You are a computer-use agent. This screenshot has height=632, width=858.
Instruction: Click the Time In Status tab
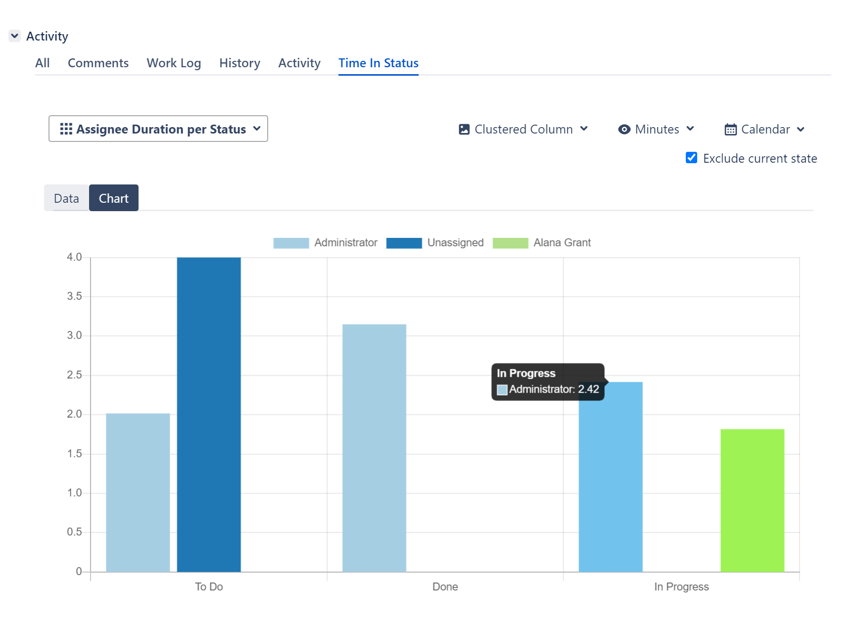click(x=378, y=63)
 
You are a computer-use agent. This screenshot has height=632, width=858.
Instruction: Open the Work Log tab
click(x=174, y=63)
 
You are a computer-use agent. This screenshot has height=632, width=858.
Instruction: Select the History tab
click(x=239, y=63)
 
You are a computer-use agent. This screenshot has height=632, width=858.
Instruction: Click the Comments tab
click(x=98, y=63)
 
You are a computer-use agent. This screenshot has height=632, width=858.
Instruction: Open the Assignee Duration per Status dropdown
click(x=158, y=129)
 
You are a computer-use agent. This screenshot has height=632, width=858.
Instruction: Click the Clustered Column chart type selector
click(x=524, y=130)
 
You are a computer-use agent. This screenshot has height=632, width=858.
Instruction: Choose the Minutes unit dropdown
click(x=656, y=130)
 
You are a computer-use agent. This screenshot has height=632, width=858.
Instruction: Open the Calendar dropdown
click(x=764, y=130)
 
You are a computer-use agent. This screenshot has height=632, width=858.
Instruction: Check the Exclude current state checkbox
click(x=691, y=158)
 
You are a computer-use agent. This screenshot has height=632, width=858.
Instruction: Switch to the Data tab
click(x=66, y=198)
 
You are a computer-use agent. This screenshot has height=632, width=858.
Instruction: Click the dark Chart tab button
click(x=114, y=198)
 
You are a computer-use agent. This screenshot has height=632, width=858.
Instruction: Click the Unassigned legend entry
click(x=435, y=243)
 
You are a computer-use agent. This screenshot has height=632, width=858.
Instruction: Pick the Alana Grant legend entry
click(x=542, y=243)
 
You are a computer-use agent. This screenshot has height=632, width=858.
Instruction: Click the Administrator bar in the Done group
click(x=374, y=448)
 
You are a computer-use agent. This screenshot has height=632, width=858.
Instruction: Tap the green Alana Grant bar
click(x=752, y=500)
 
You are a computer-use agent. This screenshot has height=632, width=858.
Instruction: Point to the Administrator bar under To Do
click(x=138, y=492)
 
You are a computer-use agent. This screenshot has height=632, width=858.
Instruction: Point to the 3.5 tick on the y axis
click(x=74, y=296)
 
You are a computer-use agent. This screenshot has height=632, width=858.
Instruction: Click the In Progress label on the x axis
click(x=681, y=587)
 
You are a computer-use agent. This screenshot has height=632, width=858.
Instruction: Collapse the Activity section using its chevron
click(x=15, y=36)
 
